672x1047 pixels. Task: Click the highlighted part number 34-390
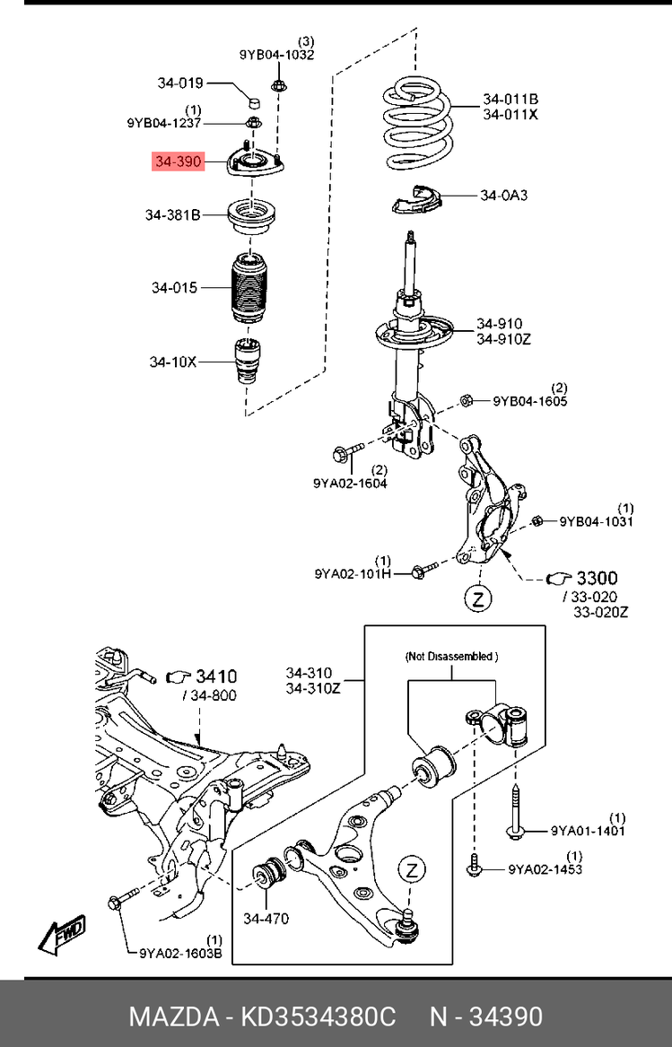click(179, 161)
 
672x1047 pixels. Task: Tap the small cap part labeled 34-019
click(253, 101)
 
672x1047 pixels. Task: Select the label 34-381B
click(172, 215)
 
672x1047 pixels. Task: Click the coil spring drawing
click(417, 123)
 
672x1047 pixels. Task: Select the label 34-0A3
click(503, 196)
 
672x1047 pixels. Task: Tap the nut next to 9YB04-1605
click(467, 401)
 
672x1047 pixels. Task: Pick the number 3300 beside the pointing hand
click(597, 578)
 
